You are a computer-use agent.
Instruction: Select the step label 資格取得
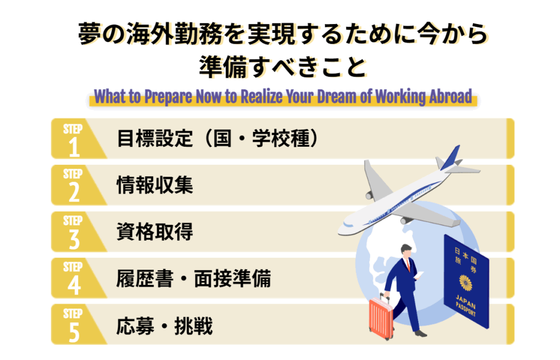pyautogui.click(x=155, y=233)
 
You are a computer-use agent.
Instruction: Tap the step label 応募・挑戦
pyautogui.click(x=165, y=327)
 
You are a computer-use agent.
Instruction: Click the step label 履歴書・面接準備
pyautogui.click(x=193, y=280)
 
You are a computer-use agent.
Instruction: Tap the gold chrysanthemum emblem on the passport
pyautogui.click(x=466, y=283)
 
